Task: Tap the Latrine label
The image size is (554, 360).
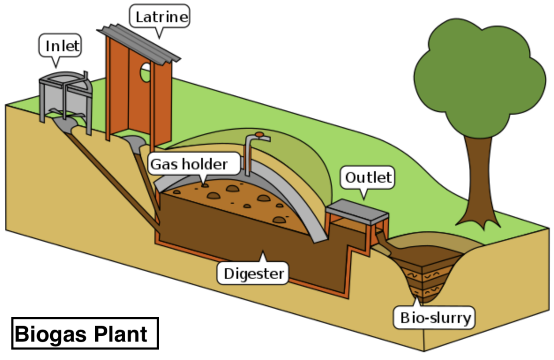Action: coord(161,18)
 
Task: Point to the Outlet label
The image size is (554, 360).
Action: coord(368,178)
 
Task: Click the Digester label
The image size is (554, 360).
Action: coord(253,274)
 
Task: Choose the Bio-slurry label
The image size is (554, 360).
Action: coord(435,318)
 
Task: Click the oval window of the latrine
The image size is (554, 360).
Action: coord(145,72)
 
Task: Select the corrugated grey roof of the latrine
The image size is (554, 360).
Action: coord(138,42)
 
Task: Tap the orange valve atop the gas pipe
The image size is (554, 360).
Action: coord(259,134)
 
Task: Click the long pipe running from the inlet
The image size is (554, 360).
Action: coord(110,176)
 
